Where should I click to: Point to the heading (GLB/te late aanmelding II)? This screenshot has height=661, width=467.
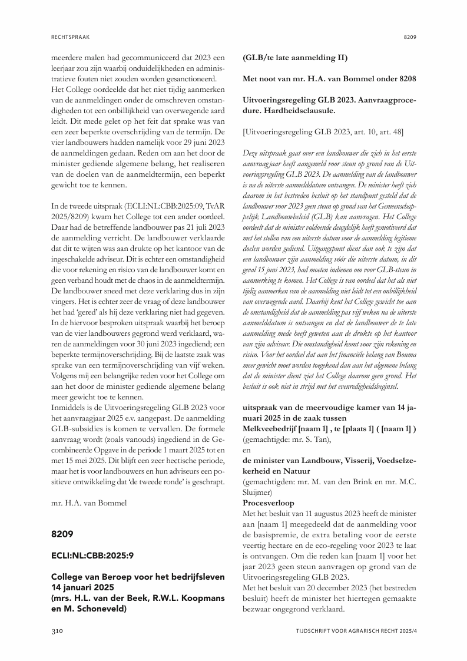(295, 58)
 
